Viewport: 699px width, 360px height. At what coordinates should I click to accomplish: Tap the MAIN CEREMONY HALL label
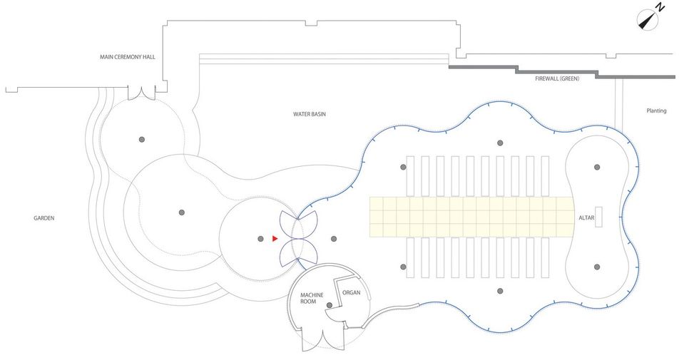[127, 56]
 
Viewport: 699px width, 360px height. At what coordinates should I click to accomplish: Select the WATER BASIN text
[310, 114]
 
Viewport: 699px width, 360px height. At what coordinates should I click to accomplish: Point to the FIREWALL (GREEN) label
[557, 78]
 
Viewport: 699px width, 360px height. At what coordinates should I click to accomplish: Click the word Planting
[656, 110]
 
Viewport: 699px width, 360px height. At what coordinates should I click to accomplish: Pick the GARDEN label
[44, 218]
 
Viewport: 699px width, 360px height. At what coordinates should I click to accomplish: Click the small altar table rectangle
[599, 217]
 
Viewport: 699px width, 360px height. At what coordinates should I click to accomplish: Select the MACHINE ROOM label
[312, 298]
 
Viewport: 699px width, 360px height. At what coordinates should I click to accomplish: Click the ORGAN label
[352, 293]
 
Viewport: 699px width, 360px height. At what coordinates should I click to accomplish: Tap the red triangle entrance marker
[275, 238]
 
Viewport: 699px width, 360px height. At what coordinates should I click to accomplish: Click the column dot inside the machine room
[329, 307]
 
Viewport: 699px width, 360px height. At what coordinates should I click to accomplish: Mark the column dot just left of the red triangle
[260, 238]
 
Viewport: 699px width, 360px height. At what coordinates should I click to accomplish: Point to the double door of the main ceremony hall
[141, 92]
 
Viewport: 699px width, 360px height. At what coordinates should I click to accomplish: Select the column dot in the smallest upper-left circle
[142, 138]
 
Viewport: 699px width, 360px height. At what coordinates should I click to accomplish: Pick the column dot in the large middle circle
[182, 212]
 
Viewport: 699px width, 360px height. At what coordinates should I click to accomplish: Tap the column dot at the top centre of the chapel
[500, 143]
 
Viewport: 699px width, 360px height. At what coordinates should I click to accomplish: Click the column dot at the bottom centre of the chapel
[500, 291]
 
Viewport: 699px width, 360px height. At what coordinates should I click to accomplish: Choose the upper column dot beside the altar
[597, 167]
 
